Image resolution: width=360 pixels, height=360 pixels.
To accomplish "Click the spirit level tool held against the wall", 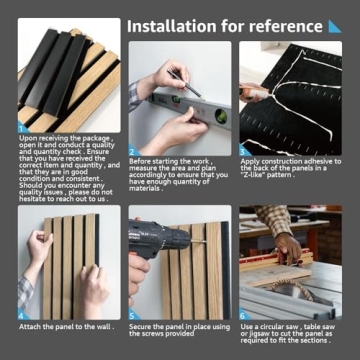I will click(x=180, y=100).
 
